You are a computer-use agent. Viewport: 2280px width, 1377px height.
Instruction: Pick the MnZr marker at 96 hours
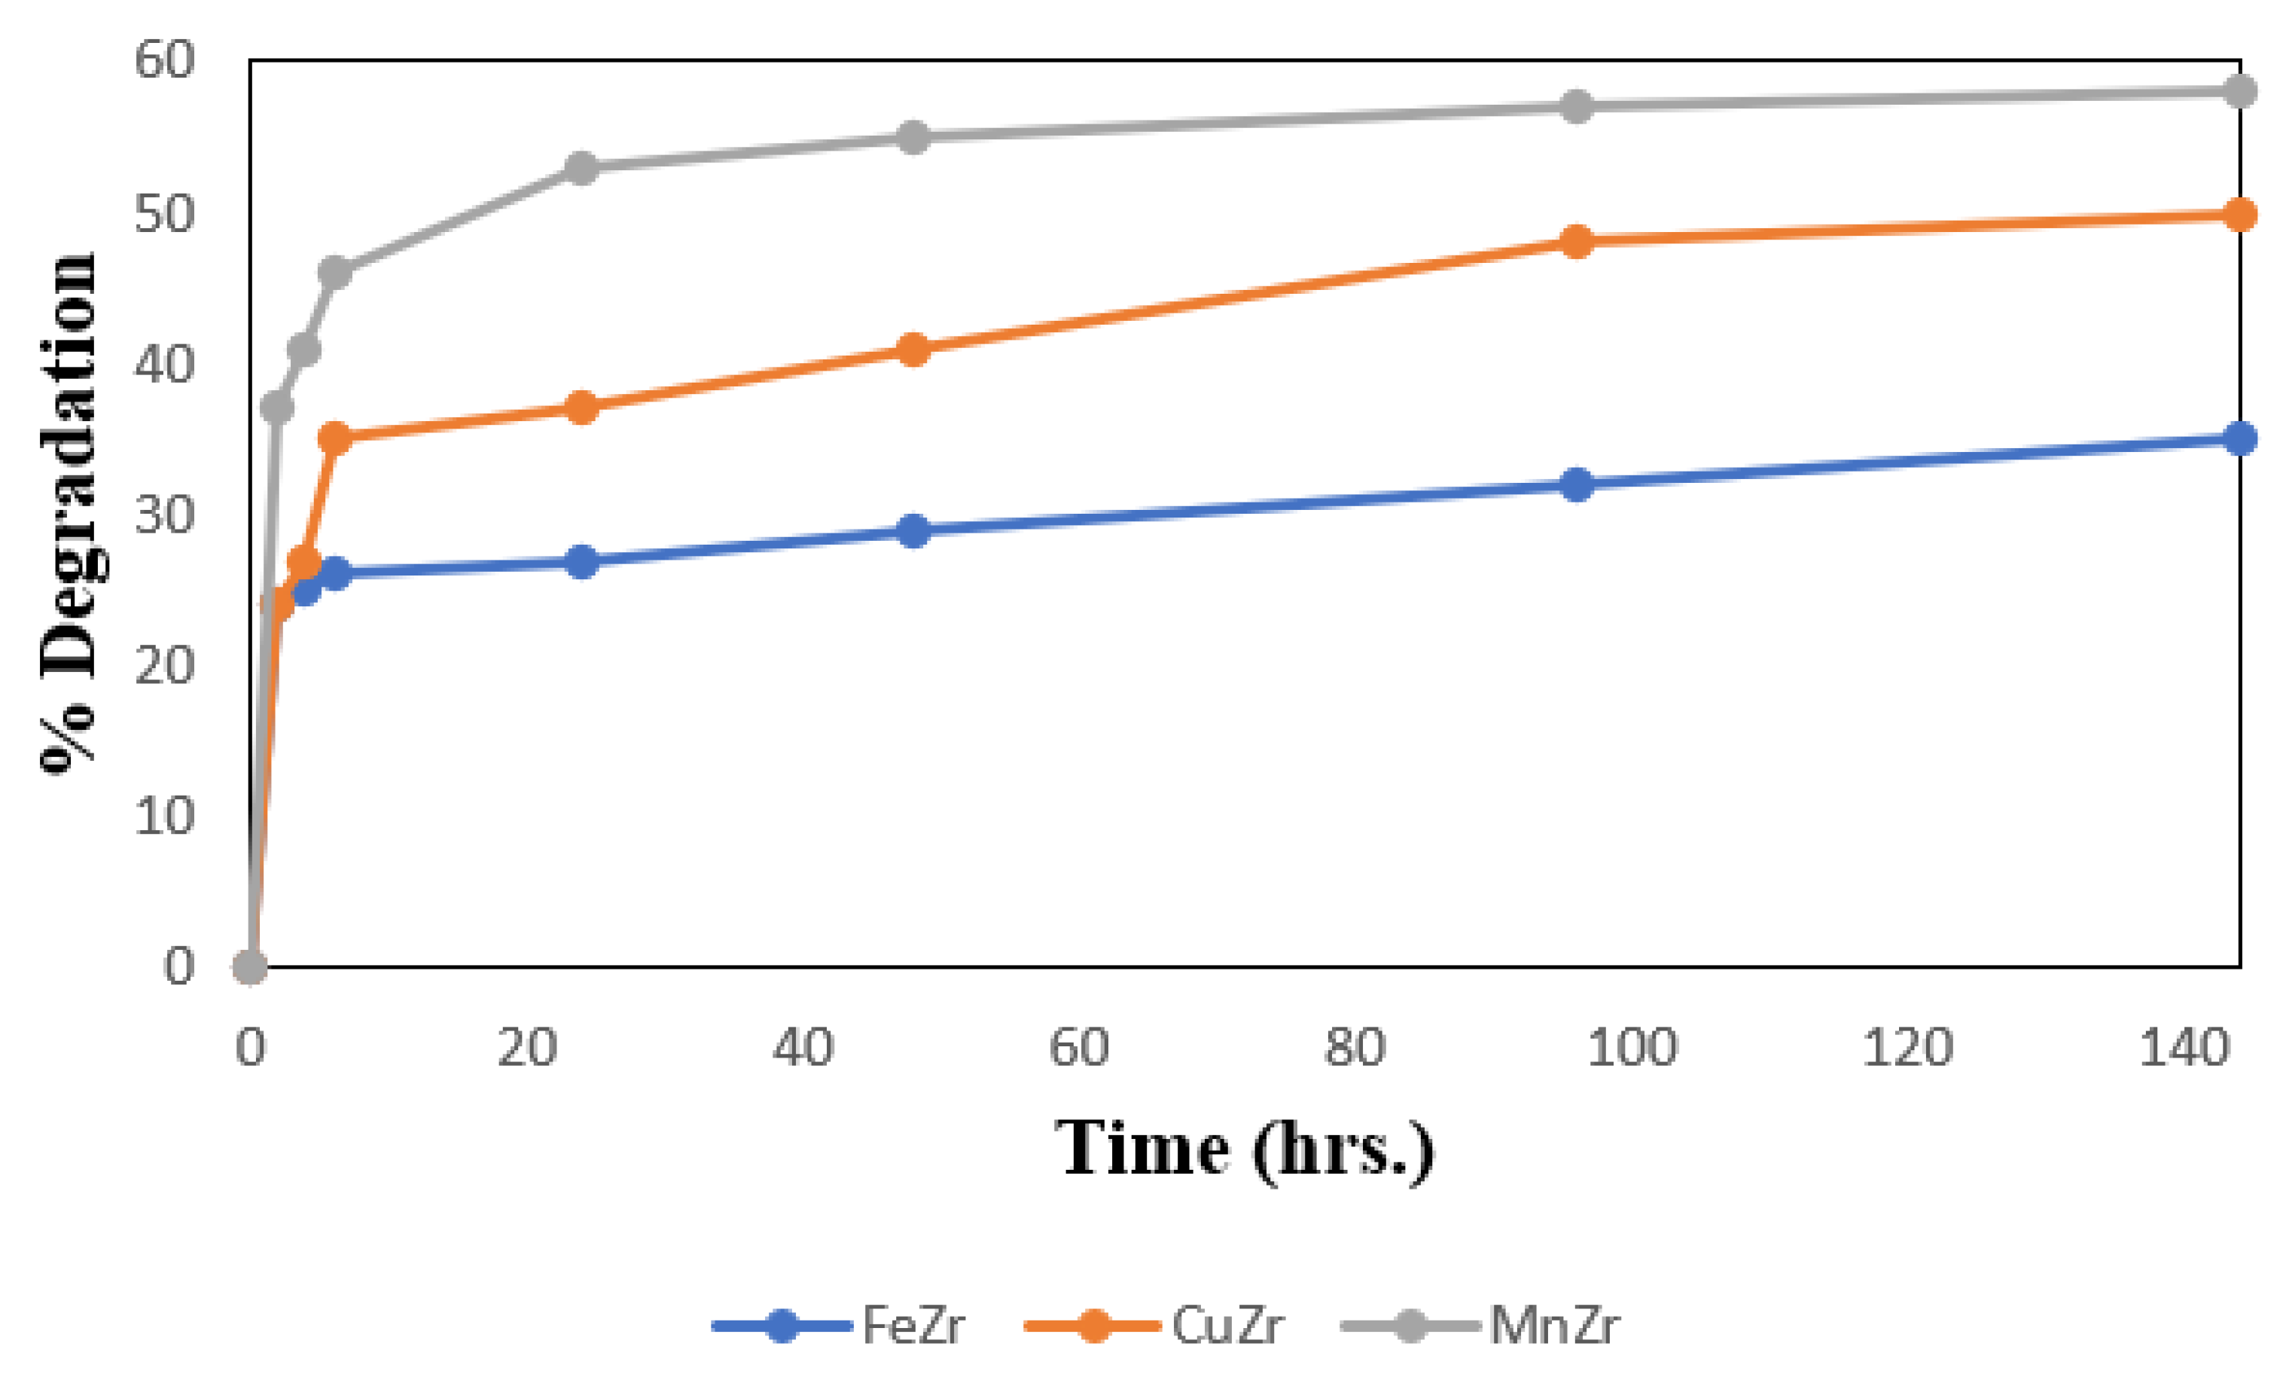1576,106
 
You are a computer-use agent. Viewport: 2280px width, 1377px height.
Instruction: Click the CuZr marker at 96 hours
1576,242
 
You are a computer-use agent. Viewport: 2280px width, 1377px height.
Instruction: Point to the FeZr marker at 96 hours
1576,484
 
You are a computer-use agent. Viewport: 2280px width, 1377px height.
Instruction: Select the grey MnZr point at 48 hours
913,138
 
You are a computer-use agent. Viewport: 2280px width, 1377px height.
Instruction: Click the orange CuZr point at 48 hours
913,350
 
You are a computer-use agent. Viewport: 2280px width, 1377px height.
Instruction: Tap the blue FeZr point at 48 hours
913,530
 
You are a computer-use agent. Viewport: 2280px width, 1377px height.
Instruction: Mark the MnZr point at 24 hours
581,169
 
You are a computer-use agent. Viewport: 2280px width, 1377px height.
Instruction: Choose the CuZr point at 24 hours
581,408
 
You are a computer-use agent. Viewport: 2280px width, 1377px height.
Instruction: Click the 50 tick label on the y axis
165,215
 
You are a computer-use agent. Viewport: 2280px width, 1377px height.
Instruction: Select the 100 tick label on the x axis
1632,1049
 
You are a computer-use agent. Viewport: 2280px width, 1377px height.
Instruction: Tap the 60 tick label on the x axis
1078,1049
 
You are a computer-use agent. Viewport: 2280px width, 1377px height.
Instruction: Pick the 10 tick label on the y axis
165,817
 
